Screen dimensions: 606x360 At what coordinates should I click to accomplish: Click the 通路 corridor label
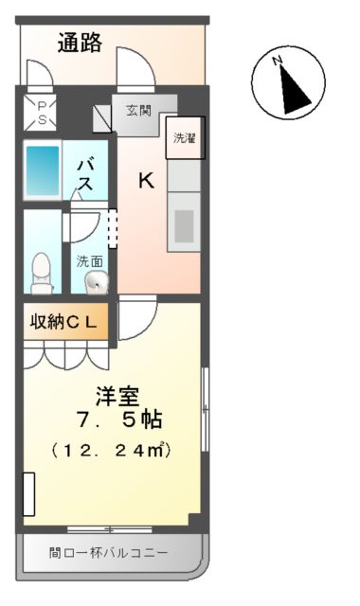[x=80, y=44]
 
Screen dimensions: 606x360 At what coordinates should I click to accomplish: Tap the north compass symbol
[x=288, y=84]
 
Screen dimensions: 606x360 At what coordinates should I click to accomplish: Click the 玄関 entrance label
[x=139, y=110]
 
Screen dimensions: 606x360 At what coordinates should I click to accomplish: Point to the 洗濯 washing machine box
[x=184, y=138]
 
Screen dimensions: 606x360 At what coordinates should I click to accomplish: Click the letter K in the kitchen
[x=147, y=180]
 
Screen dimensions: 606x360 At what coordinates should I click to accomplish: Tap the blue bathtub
[x=42, y=171]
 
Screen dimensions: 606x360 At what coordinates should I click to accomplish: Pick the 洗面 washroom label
[x=90, y=260]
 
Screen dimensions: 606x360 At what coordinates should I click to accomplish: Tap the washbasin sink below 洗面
[x=97, y=281]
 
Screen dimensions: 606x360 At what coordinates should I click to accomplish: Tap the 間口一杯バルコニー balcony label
[x=108, y=552]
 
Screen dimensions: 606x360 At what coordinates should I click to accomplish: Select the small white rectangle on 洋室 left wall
[x=28, y=494]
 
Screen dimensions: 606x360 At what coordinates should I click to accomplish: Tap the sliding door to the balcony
[x=110, y=528]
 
